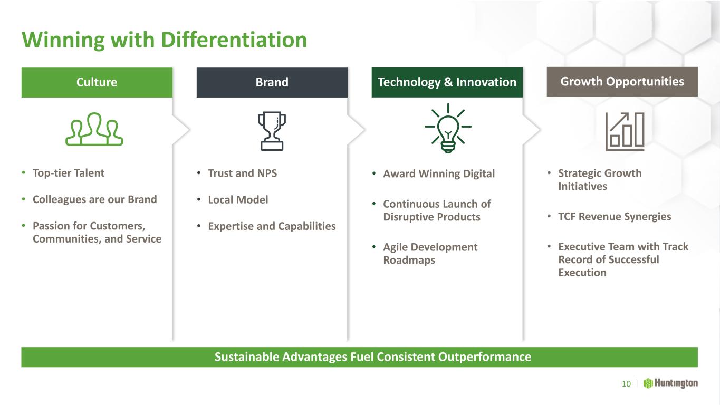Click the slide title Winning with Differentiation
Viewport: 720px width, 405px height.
pyautogui.click(x=164, y=40)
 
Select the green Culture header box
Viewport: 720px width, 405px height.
pyautogui.click(x=97, y=82)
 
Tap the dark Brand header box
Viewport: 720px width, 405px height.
pyautogui.click(x=272, y=82)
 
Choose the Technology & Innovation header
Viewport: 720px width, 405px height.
pyautogui.click(x=447, y=82)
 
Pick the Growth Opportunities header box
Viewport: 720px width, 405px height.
pyautogui.click(x=622, y=82)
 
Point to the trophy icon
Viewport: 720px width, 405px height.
pyautogui.click(x=272, y=131)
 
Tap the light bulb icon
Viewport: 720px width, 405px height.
pyautogui.click(x=448, y=128)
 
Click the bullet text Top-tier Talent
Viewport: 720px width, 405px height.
pyautogui.click(x=69, y=173)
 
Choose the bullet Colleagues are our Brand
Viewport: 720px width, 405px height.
pyautogui.click(x=95, y=200)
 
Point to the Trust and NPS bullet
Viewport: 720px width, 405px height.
pyautogui.click(x=242, y=173)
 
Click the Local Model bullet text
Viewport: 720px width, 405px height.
pyautogui.click(x=238, y=200)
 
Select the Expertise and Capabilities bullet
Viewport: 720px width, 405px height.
pyautogui.click(x=272, y=226)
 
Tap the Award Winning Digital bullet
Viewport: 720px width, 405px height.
pyautogui.click(x=439, y=174)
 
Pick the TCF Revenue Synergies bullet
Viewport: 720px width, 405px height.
pyautogui.click(x=615, y=217)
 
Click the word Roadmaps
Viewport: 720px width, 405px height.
pyautogui.click(x=409, y=260)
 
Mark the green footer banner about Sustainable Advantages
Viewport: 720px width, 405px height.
pyautogui.click(x=359, y=357)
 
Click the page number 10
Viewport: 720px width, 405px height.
pyautogui.click(x=626, y=383)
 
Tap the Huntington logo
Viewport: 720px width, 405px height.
pyautogui.click(x=670, y=383)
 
